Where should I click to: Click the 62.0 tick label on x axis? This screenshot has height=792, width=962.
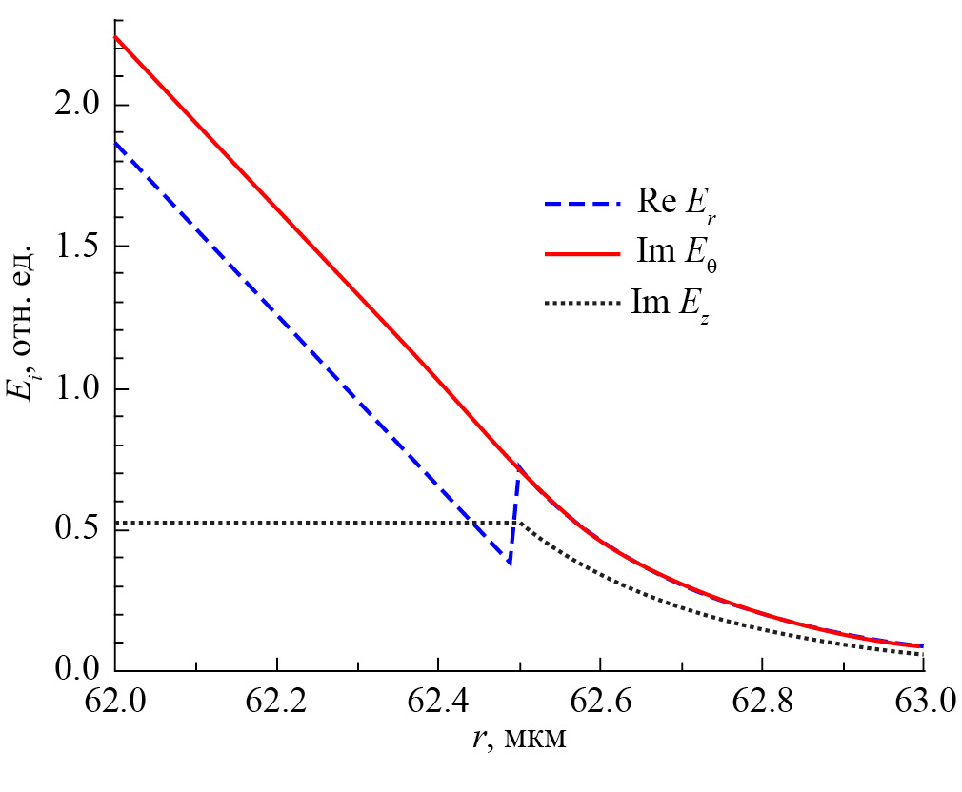coord(114,704)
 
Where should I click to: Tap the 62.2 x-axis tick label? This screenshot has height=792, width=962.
coord(276,704)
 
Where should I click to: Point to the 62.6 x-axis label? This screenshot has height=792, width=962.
coord(599,704)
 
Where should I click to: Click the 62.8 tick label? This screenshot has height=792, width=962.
coord(761,704)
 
